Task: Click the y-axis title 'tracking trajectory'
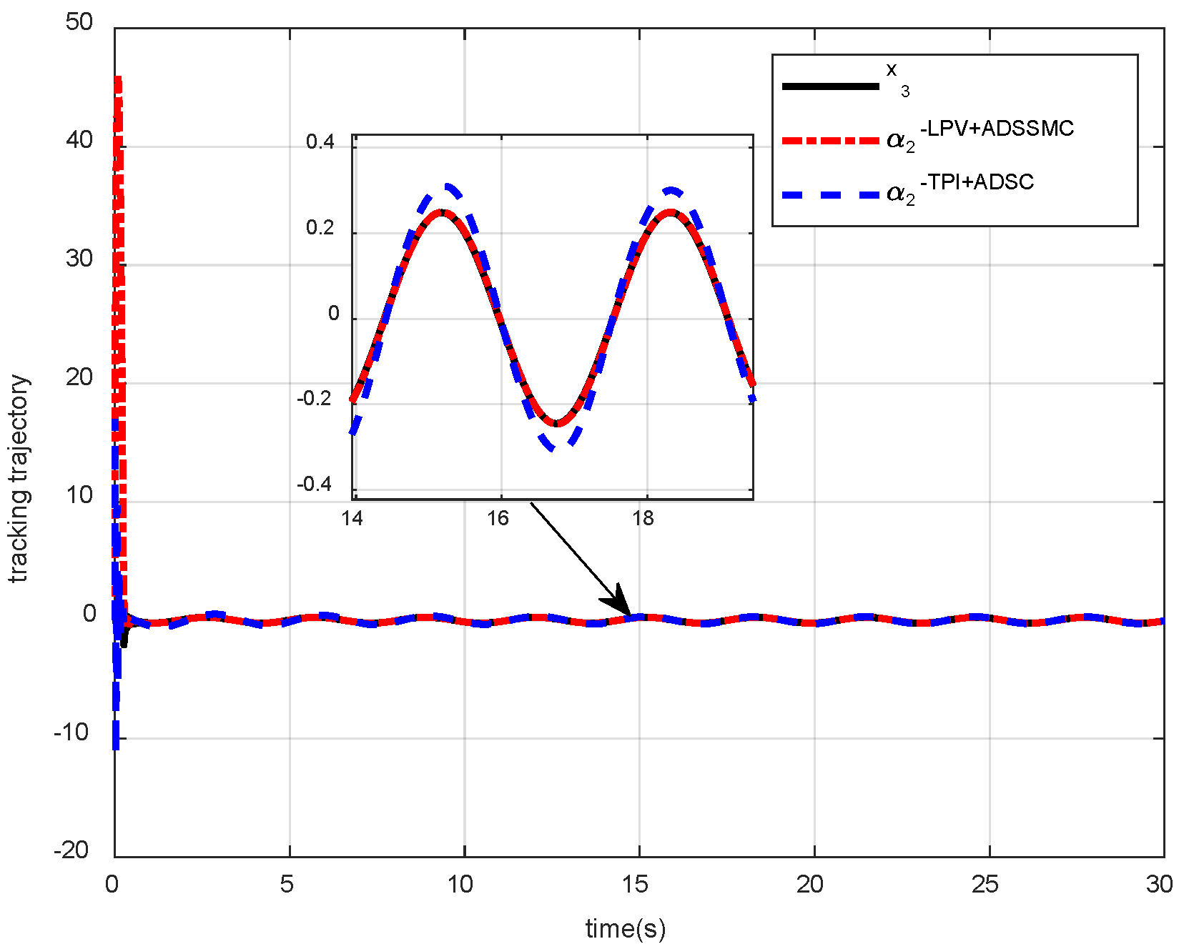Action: pos(20,479)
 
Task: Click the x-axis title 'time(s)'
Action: pos(626,928)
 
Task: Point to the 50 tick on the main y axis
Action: pos(79,23)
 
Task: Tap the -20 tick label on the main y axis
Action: pos(71,850)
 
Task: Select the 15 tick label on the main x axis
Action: pos(635,885)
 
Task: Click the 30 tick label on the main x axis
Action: pos(1159,885)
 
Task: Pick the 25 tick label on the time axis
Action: pos(985,885)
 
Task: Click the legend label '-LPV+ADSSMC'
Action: pos(997,129)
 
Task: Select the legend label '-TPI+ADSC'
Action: pos(977,182)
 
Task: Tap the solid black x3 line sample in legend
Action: pos(831,86)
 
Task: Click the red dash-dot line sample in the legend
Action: pos(831,141)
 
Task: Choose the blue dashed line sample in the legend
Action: pos(831,194)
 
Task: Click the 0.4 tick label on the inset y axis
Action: pos(320,142)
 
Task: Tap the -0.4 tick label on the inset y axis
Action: pos(315,485)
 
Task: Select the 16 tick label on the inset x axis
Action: pos(498,519)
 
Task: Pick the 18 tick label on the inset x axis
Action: pos(643,519)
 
